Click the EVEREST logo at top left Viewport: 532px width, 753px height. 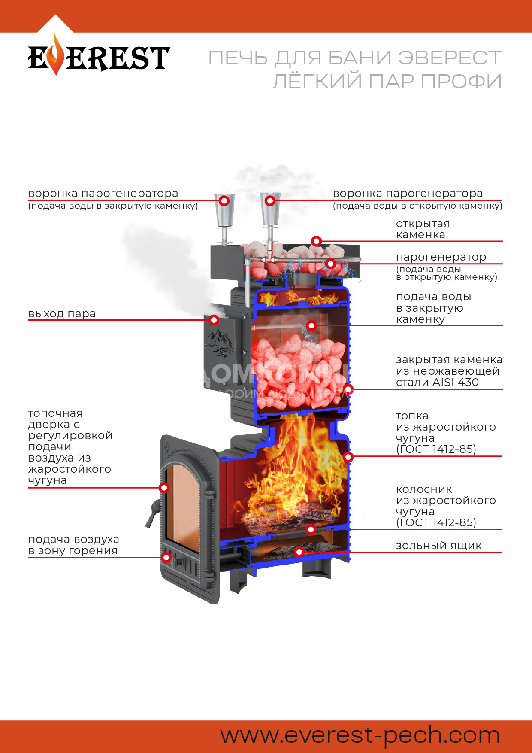coord(99,57)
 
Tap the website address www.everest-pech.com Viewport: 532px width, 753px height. coord(360,735)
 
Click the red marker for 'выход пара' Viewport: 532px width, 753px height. coord(214,320)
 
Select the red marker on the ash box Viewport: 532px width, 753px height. coord(299,552)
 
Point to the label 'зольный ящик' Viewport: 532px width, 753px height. coord(438,546)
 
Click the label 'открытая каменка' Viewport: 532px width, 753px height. coord(423,229)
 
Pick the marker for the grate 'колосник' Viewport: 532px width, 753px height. coord(311,529)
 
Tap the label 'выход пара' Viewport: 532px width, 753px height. coord(62,314)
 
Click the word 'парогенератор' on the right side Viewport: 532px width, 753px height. coord(441,257)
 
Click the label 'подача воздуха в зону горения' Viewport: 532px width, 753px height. coord(73,545)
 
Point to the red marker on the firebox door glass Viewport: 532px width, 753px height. coord(164,487)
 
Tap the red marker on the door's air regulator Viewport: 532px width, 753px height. coord(166,557)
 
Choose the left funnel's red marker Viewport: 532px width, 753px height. coord(224,200)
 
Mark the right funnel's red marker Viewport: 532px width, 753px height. coord(270,200)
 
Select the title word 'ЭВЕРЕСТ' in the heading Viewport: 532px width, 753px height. coord(450,58)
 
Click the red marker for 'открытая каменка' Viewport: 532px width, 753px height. coord(316,241)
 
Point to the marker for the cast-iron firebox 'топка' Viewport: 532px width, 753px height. coord(348,456)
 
